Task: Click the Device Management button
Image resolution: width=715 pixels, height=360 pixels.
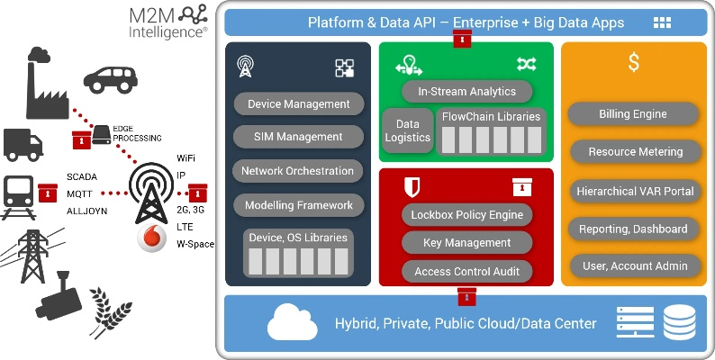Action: click(298, 104)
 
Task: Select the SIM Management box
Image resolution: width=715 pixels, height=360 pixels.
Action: click(298, 137)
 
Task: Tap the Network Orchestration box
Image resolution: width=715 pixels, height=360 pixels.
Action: click(298, 171)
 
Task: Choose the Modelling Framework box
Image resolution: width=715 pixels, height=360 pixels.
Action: click(298, 205)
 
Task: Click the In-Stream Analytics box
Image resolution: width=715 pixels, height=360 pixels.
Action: click(466, 91)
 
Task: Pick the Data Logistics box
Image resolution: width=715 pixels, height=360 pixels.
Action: click(408, 130)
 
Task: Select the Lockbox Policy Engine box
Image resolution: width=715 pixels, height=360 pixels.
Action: click(466, 215)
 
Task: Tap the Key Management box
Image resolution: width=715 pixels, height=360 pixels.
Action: click(466, 243)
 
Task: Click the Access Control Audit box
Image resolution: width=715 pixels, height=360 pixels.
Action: click(466, 271)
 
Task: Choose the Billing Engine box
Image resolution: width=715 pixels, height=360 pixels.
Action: click(633, 114)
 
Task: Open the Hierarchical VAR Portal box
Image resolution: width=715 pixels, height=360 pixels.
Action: click(634, 191)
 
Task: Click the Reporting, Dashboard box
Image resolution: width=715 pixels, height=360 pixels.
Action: click(634, 229)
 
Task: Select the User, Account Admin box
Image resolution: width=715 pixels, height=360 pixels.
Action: click(634, 265)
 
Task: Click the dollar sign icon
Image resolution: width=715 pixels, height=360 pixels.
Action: click(634, 63)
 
